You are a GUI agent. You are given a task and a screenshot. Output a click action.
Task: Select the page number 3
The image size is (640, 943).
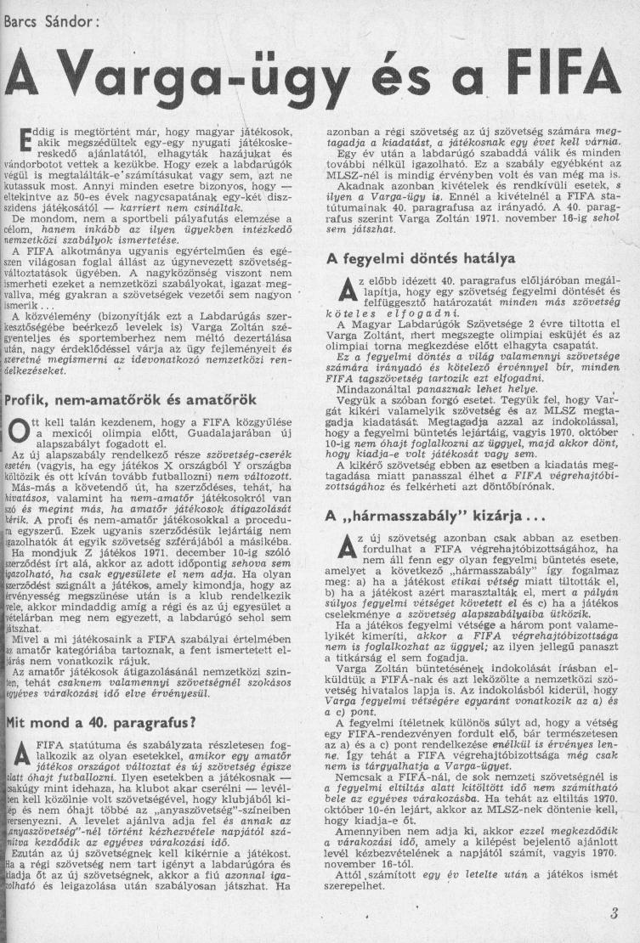pos(614,915)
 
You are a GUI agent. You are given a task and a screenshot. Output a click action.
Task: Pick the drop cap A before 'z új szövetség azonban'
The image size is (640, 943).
pos(344,551)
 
